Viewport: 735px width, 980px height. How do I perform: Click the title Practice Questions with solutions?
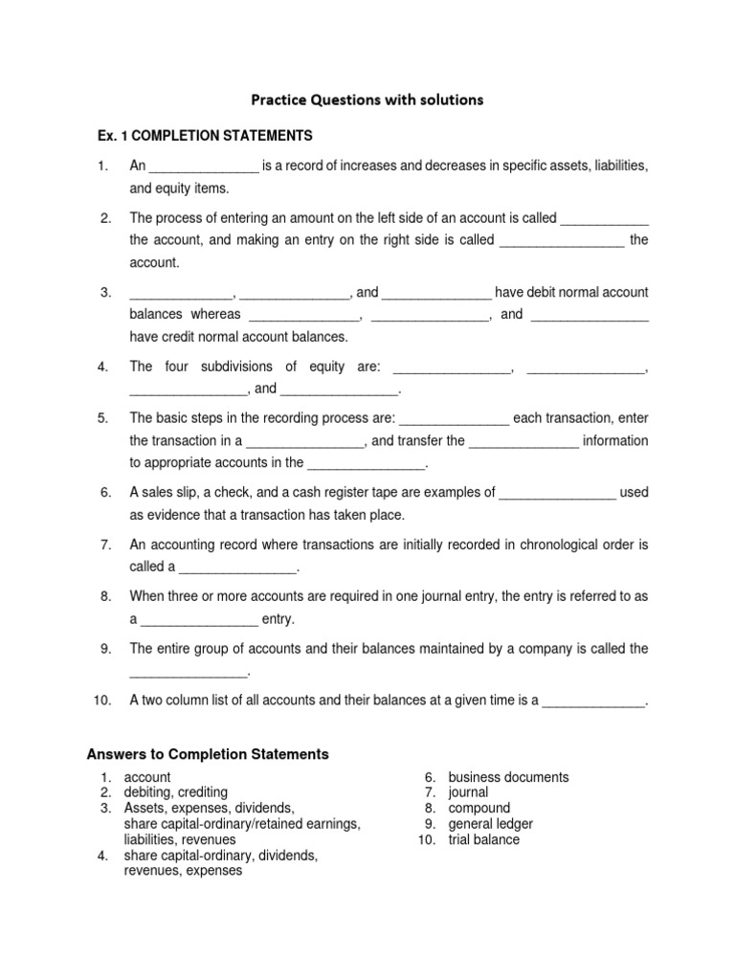[367, 99]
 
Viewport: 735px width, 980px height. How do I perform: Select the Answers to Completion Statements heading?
[208, 754]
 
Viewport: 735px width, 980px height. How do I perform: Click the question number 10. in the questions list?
[103, 701]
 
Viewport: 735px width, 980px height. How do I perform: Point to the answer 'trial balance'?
[483, 839]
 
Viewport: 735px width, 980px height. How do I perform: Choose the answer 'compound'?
[479, 808]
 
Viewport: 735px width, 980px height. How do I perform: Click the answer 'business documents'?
[508, 777]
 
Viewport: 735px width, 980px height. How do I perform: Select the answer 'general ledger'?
[490, 824]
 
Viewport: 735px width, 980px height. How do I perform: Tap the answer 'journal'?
[468, 792]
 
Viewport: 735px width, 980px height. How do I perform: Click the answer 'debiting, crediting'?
[176, 792]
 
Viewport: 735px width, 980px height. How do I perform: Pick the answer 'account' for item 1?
[147, 777]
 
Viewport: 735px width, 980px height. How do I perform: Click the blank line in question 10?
[594, 702]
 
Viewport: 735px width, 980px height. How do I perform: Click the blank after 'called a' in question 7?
[238, 568]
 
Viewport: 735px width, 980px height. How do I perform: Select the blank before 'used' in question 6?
[557, 494]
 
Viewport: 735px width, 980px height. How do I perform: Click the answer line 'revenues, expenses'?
[183, 871]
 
